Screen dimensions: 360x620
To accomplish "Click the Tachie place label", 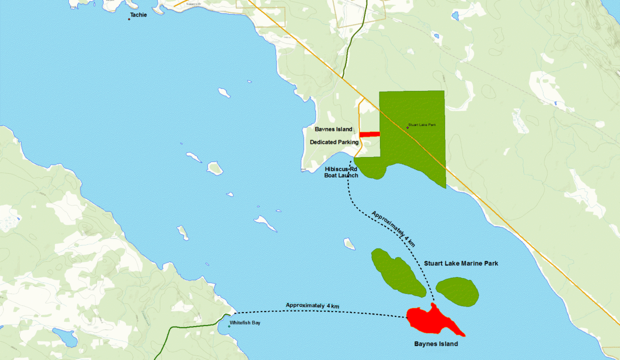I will (x=138, y=15).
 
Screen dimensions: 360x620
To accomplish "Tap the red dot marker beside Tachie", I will (x=129, y=19).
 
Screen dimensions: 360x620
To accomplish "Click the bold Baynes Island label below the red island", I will (x=436, y=344).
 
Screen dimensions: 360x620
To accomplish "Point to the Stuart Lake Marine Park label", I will (x=461, y=263).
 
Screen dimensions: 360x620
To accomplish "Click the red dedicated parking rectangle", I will (x=369, y=134).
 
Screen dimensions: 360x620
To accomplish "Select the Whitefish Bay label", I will (x=245, y=323).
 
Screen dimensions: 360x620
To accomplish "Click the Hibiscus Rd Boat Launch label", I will (x=341, y=172).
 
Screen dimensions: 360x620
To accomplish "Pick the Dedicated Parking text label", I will (x=334, y=142).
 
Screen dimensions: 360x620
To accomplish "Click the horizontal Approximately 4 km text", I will (x=312, y=305).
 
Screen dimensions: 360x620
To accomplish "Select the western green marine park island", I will (x=397, y=272).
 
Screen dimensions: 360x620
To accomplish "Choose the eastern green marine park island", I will (x=457, y=291).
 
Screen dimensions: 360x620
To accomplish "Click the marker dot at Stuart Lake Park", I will (x=407, y=127).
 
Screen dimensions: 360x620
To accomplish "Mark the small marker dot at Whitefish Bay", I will (x=229, y=326).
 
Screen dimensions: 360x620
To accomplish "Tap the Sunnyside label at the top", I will (x=192, y=4).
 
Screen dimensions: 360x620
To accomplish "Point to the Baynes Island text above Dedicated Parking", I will (x=333, y=129).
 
